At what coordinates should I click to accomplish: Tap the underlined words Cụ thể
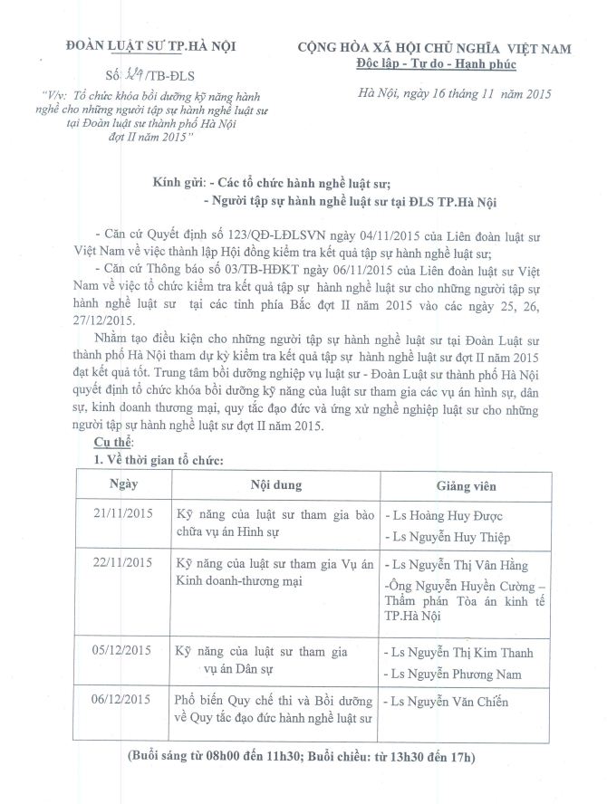click(113, 441)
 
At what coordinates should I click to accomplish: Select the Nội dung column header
click(270, 484)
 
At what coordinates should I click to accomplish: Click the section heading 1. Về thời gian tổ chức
click(159, 460)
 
